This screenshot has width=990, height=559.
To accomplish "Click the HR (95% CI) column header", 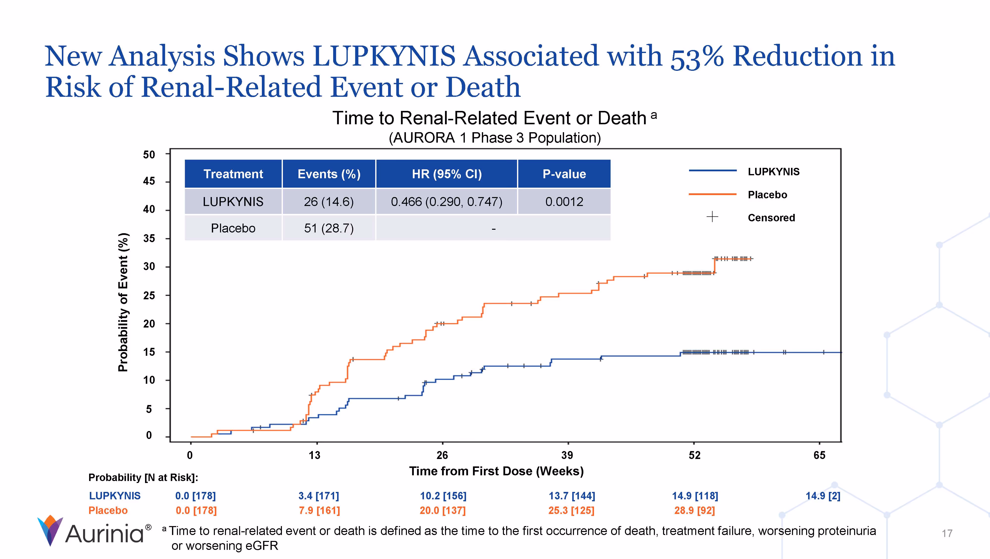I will [446, 174].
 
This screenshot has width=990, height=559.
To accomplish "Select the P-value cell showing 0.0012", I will [564, 202].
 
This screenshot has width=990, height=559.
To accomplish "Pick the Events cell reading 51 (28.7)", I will [329, 228].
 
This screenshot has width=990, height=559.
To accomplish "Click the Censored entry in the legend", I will [771, 218].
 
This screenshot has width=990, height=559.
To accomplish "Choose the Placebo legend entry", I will [767, 195].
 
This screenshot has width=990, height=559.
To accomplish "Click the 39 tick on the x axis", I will [567, 455].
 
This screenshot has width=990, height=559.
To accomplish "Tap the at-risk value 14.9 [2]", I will [823, 496].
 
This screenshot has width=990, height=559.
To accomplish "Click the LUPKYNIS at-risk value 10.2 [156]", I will [443, 496].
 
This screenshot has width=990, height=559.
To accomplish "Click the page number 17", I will [947, 533].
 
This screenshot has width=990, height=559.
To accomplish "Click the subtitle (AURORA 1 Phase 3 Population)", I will [495, 138].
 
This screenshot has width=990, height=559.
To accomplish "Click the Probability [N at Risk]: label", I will [143, 478].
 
